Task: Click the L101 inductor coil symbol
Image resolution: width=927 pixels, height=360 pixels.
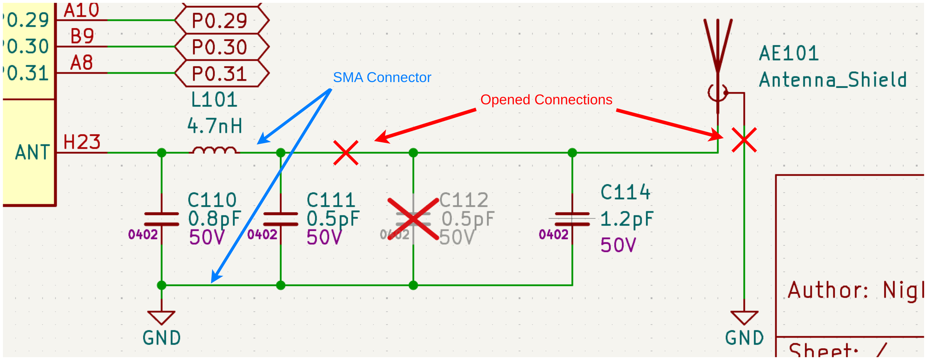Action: click(215, 150)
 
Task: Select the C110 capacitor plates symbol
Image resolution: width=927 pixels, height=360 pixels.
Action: click(161, 219)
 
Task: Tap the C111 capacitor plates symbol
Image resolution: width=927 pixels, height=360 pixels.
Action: click(280, 219)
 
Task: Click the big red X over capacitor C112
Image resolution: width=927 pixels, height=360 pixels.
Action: click(413, 219)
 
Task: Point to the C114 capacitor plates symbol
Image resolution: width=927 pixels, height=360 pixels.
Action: click(572, 219)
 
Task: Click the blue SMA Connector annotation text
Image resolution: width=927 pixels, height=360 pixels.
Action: click(382, 77)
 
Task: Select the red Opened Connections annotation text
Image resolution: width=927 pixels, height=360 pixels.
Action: click(546, 100)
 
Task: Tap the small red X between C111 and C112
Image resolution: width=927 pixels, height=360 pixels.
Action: click(346, 153)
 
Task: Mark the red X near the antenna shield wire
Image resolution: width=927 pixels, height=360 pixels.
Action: click(744, 140)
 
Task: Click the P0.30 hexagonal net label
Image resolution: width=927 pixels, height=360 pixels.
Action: click(220, 47)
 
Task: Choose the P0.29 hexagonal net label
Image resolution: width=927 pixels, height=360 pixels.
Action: click(220, 20)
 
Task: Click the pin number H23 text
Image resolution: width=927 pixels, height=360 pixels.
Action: click(82, 142)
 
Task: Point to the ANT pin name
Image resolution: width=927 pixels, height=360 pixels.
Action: click(32, 152)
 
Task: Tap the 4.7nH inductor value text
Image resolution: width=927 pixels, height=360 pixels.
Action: click(215, 126)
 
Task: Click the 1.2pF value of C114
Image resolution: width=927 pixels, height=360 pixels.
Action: click(627, 219)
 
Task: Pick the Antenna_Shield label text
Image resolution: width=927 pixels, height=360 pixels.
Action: click(832, 80)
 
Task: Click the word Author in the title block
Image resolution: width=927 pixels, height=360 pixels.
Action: click(828, 290)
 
